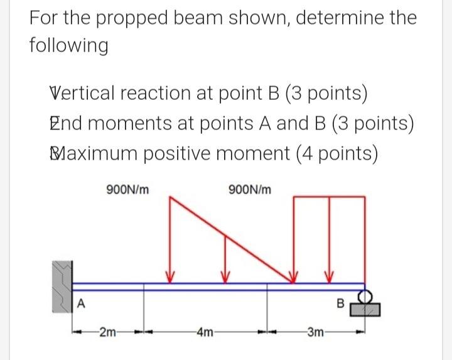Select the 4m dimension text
click(204, 332)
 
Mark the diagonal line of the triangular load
click(229, 239)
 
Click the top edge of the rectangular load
click(331, 197)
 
